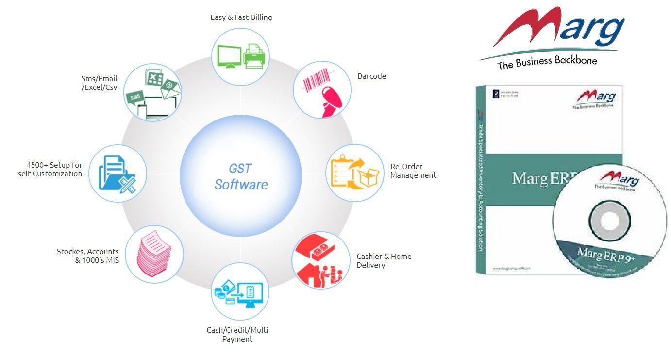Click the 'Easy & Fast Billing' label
coord(241,17)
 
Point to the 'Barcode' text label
coord(371,76)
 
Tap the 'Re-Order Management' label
coord(413,171)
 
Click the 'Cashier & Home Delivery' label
coord(384,260)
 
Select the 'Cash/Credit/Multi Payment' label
coord(237,334)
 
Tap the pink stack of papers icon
coord(154,254)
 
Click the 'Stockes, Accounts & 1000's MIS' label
coord(88,256)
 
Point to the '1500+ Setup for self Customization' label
coord(50,169)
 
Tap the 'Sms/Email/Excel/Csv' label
coord(99,83)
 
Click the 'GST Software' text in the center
coord(241,177)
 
